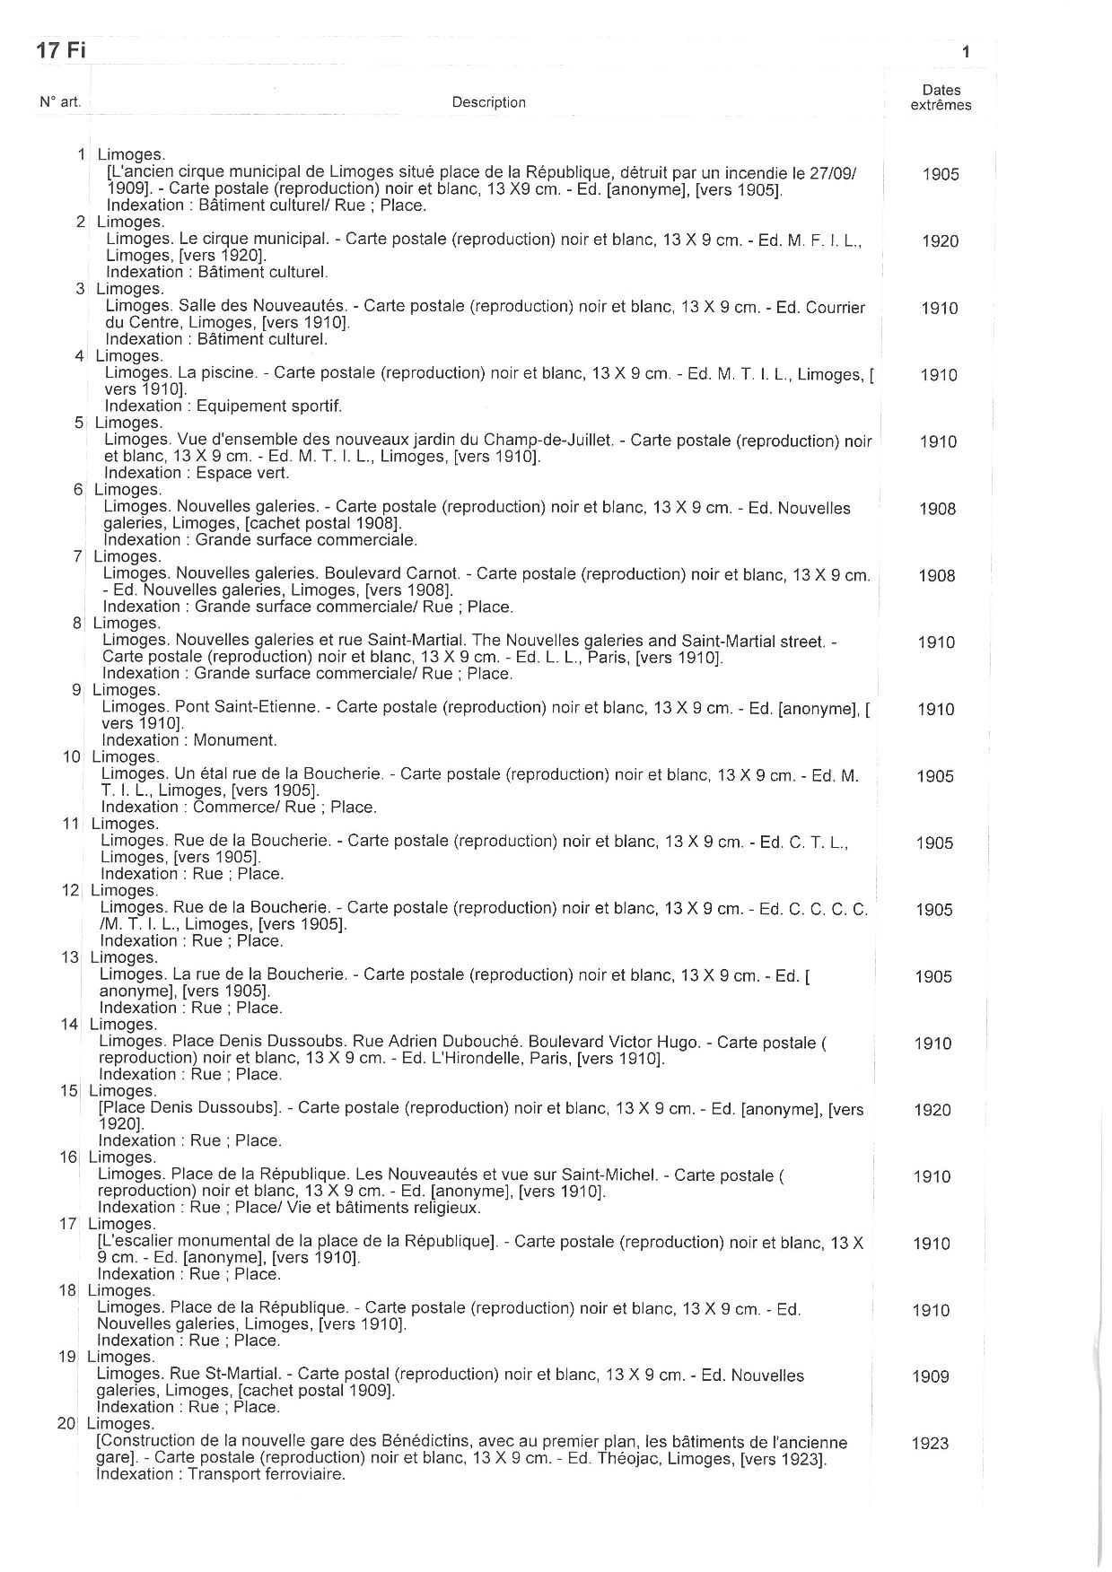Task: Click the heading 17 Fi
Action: (61, 50)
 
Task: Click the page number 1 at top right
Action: (966, 53)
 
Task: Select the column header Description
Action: (488, 102)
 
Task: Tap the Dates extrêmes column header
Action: (941, 97)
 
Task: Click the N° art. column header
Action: (60, 102)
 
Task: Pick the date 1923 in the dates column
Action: (930, 1444)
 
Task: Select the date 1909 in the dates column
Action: (931, 1376)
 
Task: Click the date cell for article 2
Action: (940, 241)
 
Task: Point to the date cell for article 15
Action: (933, 1110)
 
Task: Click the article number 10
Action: (72, 756)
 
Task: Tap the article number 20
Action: (67, 1424)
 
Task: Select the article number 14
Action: (70, 1024)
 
